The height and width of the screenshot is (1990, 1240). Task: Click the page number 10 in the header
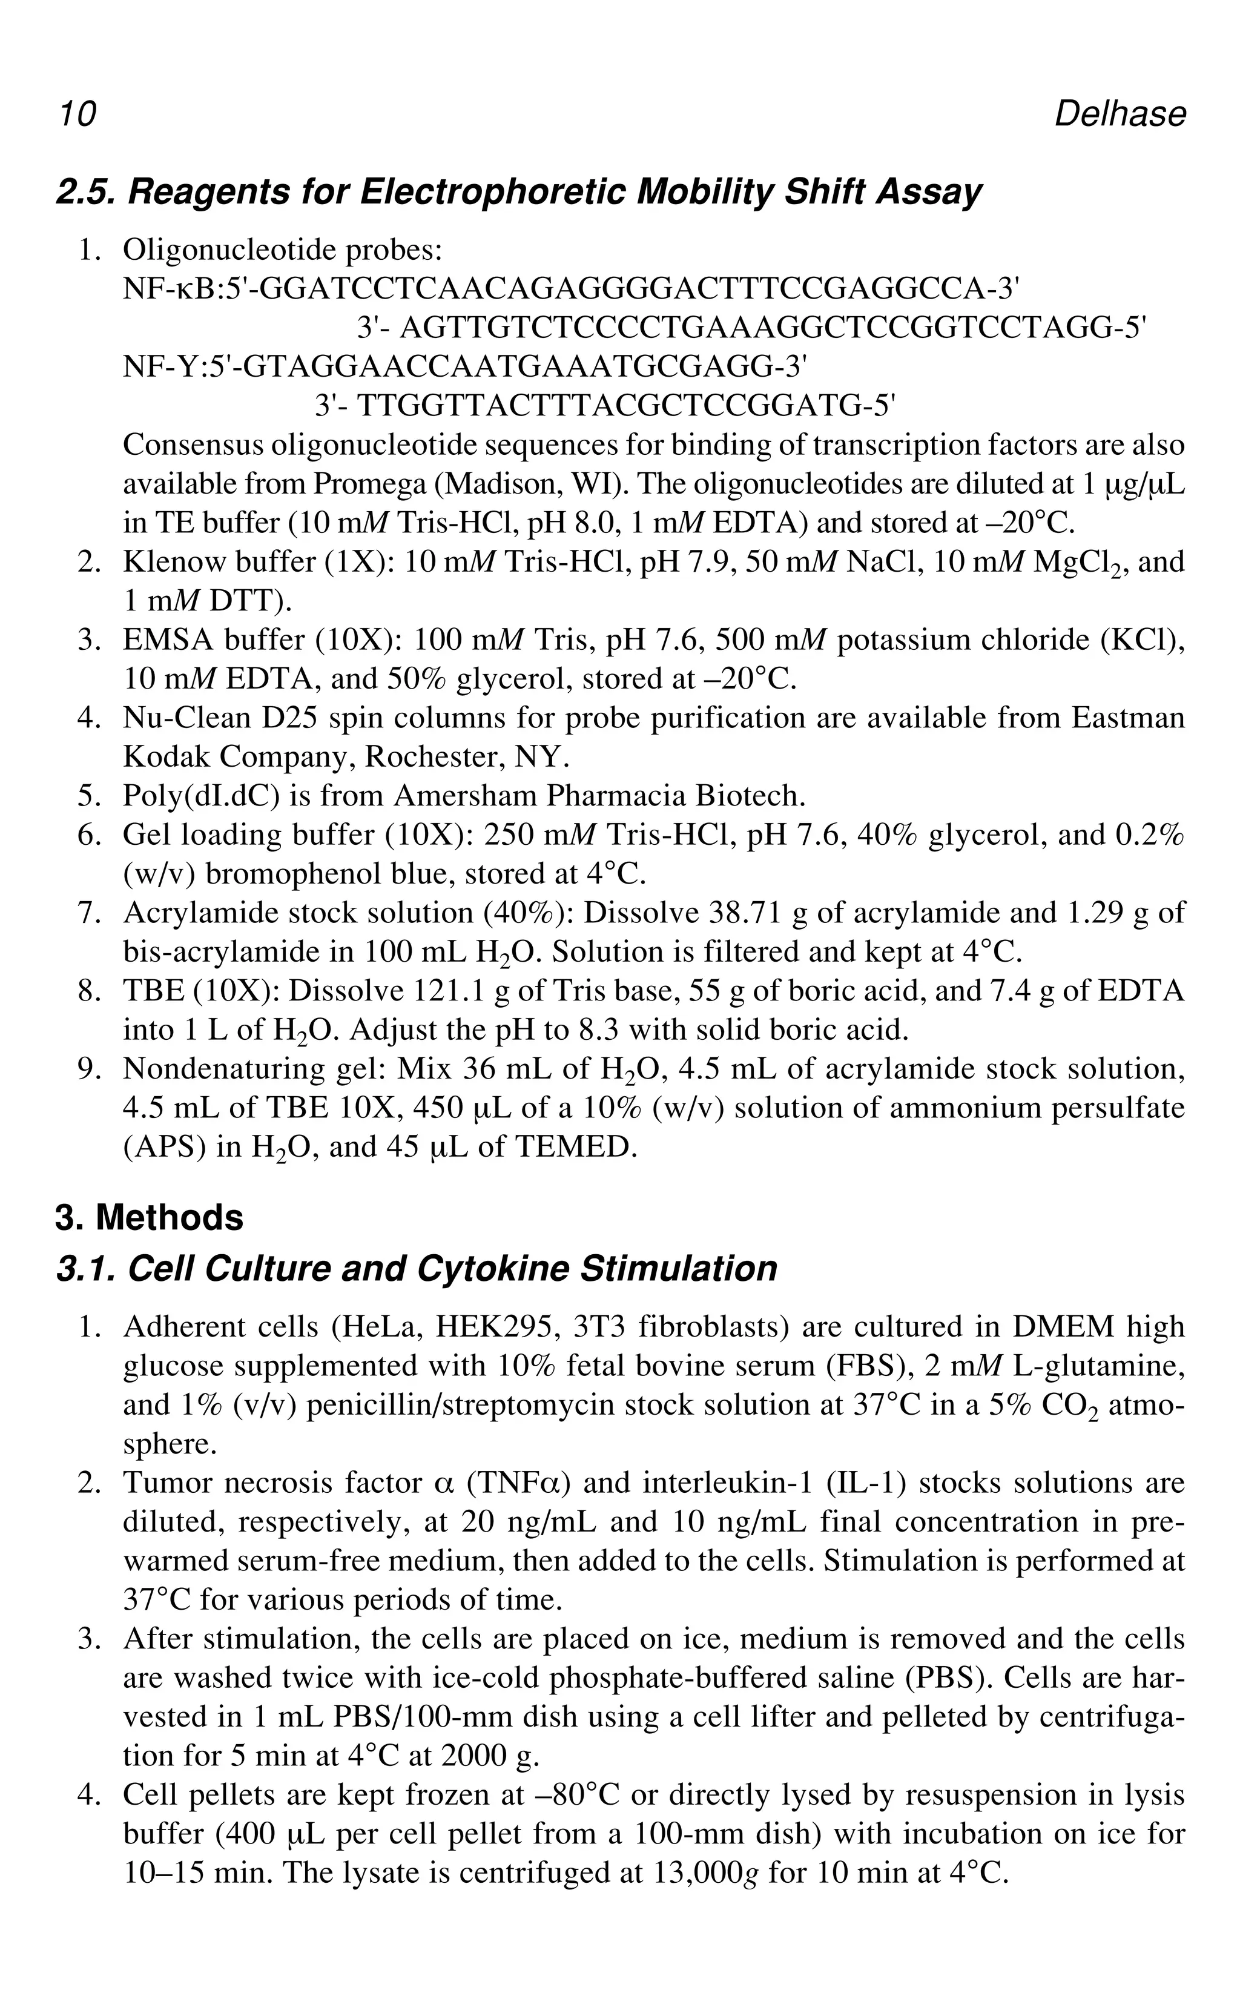[77, 114]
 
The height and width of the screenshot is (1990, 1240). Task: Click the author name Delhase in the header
[1119, 114]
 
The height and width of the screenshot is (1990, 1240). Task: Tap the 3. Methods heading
[150, 1217]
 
